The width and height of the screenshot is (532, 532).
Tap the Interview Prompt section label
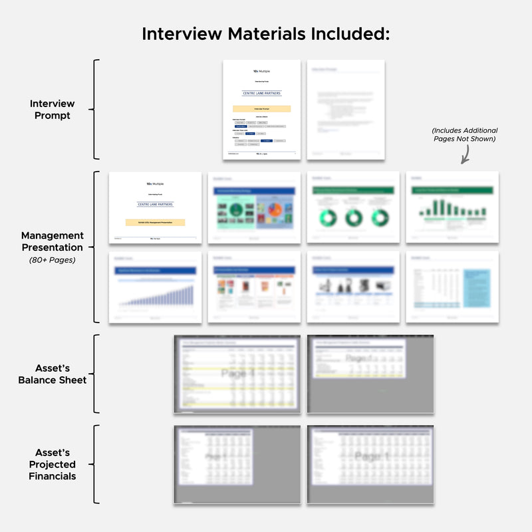tap(52, 110)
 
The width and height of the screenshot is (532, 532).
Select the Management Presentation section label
tap(52, 241)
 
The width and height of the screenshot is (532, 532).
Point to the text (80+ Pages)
tap(52, 259)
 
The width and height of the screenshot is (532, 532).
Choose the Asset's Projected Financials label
tap(52, 464)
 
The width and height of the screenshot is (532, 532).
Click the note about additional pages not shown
tap(464, 135)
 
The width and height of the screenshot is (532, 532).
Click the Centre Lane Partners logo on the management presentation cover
tap(155, 204)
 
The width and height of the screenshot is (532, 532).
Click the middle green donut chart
tap(353, 217)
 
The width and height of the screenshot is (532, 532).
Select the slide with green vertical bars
tap(452, 207)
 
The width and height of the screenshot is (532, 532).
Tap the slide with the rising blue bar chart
tap(155, 287)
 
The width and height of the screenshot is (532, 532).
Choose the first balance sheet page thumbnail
tap(237, 374)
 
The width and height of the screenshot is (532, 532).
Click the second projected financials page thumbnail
tap(370, 464)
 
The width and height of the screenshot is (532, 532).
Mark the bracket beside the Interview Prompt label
tap(96, 110)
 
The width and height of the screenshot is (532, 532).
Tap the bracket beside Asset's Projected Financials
tap(96, 464)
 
